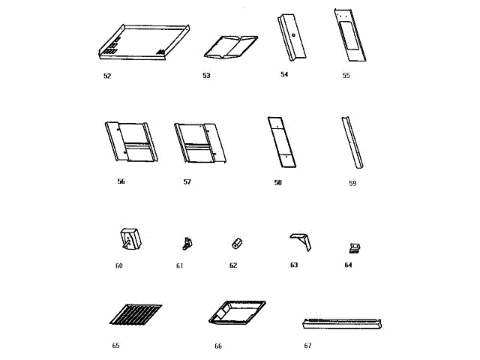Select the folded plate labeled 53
point(231,46)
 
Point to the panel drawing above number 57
point(199,142)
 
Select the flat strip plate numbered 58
point(282,142)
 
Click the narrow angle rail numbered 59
point(351,143)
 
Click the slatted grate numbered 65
point(135,314)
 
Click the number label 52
point(108,76)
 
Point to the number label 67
point(307,346)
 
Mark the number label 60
point(118,265)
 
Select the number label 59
point(352,183)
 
